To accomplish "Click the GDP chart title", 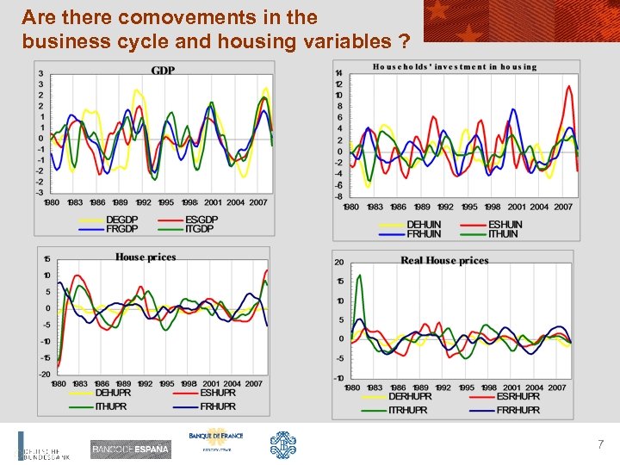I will click(x=163, y=71).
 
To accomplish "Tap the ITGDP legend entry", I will click(x=201, y=229).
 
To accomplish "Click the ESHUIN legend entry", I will click(x=505, y=225).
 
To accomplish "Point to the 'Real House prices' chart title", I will click(x=444, y=260).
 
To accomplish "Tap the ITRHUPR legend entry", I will click(x=408, y=410).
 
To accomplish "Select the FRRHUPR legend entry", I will click(x=518, y=410).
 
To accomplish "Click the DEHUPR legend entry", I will click(x=113, y=393).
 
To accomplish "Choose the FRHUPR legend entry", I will click(x=218, y=406).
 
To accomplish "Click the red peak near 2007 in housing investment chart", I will click(x=569, y=86).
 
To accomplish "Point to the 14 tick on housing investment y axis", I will click(x=339, y=73).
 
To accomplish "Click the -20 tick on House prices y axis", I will click(x=45, y=375).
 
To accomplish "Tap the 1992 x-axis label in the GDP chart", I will click(x=144, y=202).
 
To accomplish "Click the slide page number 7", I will click(x=600, y=445).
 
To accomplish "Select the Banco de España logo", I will click(x=130, y=449).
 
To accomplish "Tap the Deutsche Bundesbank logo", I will click(x=43, y=448).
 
